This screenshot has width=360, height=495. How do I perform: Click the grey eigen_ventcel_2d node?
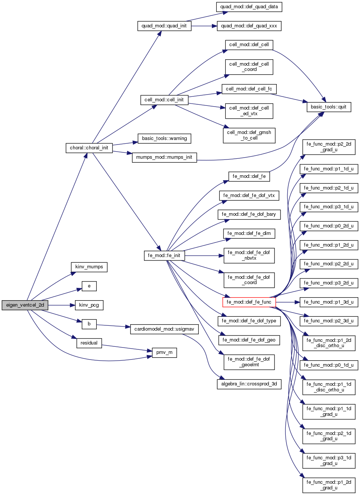point(25,305)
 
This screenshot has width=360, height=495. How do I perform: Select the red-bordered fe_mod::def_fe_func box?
point(249,302)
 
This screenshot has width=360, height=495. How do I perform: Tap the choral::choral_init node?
point(89,148)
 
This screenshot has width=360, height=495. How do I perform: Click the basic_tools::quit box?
point(328,107)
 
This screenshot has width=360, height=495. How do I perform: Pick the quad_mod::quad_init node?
point(164,26)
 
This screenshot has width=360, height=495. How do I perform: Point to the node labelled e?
point(89,286)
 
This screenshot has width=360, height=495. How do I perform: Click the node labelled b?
point(89,324)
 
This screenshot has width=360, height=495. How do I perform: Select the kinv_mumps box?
point(89,267)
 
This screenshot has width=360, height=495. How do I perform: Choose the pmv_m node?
point(164,352)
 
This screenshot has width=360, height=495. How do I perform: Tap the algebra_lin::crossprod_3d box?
point(249,384)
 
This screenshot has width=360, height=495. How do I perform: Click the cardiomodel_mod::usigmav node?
point(164,329)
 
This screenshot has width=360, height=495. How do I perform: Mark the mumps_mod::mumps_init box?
point(164,157)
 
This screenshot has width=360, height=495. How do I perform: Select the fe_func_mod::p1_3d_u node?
point(328,302)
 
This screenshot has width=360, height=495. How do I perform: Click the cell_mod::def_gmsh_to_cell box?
point(249,135)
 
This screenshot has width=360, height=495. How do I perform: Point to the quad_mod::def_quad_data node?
point(249,7)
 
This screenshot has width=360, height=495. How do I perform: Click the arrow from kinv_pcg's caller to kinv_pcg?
point(61,305)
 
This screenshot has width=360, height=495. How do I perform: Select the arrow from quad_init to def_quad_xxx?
point(204,26)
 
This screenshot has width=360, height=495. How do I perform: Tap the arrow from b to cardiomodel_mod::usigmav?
point(113,326)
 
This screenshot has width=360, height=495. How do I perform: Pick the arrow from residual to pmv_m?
point(127,348)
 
